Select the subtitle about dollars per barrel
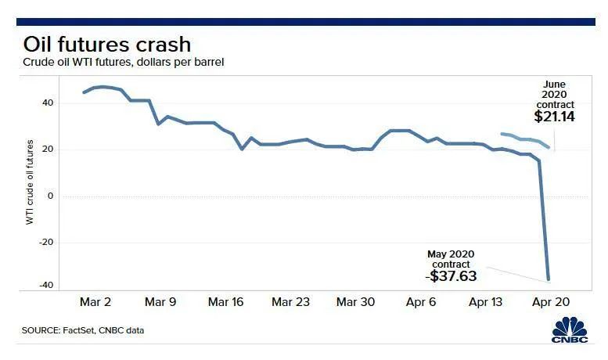tap(124, 61)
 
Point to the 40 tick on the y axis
tap(49, 103)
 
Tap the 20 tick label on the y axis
tap(49, 149)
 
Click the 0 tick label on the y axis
tap(51, 196)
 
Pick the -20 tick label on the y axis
tap(47, 242)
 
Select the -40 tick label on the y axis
tap(47, 286)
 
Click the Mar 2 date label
tap(95, 301)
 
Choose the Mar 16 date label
tap(227, 301)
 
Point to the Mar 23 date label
tap(291, 301)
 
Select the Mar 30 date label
tap(356, 301)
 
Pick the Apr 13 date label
tap(487, 301)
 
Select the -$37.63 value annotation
tap(451, 275)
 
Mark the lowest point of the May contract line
tap(549, 280)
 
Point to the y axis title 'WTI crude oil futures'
tap(31, 182)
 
